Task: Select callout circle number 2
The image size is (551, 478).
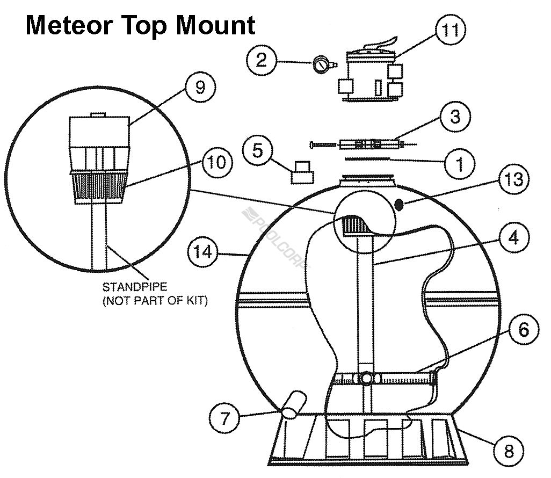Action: coord(261,60)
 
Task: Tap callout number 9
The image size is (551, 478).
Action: coord(200,88)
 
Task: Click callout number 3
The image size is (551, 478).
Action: coord(455,117)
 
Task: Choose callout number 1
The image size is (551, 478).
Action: coord(459,163)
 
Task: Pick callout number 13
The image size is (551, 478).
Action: coord(513,179)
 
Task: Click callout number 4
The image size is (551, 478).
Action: coord(513,237)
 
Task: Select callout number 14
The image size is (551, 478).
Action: coord(201,251)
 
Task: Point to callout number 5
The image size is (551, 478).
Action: coord(258,151)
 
